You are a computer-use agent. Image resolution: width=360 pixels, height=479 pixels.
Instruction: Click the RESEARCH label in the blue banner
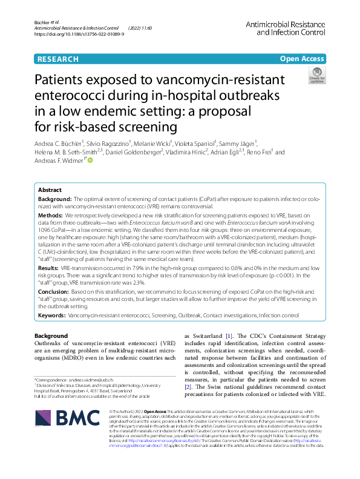[58, 59]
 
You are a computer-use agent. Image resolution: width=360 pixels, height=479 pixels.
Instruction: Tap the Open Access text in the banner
[301, 59]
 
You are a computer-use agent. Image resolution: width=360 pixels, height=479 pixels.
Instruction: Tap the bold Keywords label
[52, 315]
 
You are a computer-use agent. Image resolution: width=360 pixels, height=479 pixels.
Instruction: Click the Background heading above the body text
[51, 335]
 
